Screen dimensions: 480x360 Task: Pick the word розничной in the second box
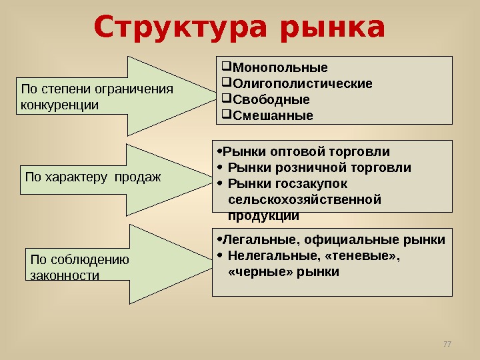307,167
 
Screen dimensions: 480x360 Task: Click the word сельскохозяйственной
304,199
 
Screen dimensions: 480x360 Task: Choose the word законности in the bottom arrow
65,275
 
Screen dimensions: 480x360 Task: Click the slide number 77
447,344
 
